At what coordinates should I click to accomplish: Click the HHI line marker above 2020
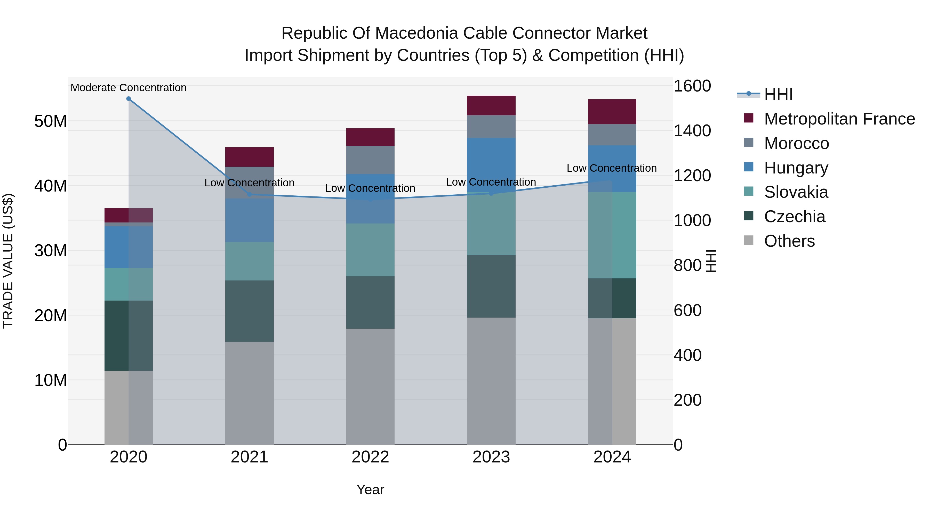click(129, 99)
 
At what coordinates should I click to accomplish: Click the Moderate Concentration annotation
click(129, 88)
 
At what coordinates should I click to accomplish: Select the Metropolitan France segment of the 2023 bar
click(491, 105)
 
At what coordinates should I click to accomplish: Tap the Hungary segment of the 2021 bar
click(249, 220)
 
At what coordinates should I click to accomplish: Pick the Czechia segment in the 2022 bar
click(370, 302)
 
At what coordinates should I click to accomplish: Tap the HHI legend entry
click(778, 94)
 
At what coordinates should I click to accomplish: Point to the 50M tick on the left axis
click(51, 121)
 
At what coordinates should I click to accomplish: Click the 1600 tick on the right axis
click(692, 86)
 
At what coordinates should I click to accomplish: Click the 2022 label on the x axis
click(370, 457)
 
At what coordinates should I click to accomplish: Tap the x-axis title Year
click(370, 490)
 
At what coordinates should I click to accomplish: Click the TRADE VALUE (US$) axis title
click(8, 261)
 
